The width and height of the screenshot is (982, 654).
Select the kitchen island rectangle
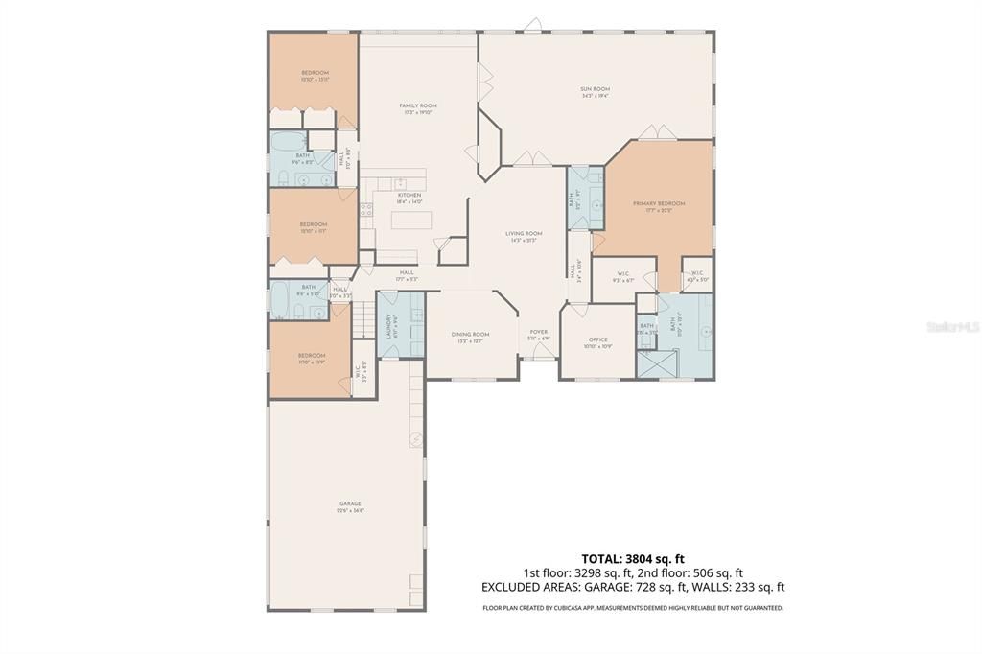tap(411, 221)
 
